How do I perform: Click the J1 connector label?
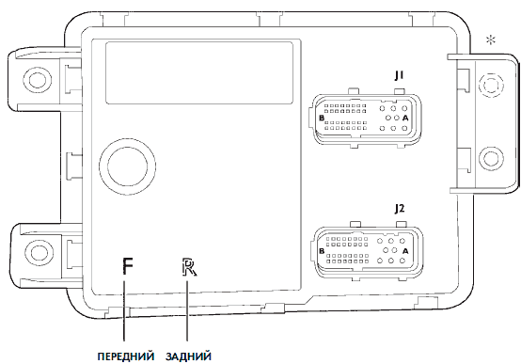pyautogui.click(x=399, y=76)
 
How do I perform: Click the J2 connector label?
pyautogui.click(x=400, y=209)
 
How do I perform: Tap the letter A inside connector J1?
pyautogui.click(x=405, y=118)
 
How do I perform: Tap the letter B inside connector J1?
pyautogui.click(x=322, y=118)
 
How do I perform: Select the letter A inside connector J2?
pyautogui.click(x=405, y=251)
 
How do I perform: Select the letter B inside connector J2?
pyautogui.click(x=322, y=251)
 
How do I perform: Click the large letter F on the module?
pyautogui.click(x=128, y=266)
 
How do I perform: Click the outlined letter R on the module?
pyautogui.click(x=189, y=267)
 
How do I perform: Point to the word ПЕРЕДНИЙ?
pyautogui.click(x=126, y=356)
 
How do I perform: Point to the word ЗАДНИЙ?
pyautogui.click(x=188, y=356)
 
